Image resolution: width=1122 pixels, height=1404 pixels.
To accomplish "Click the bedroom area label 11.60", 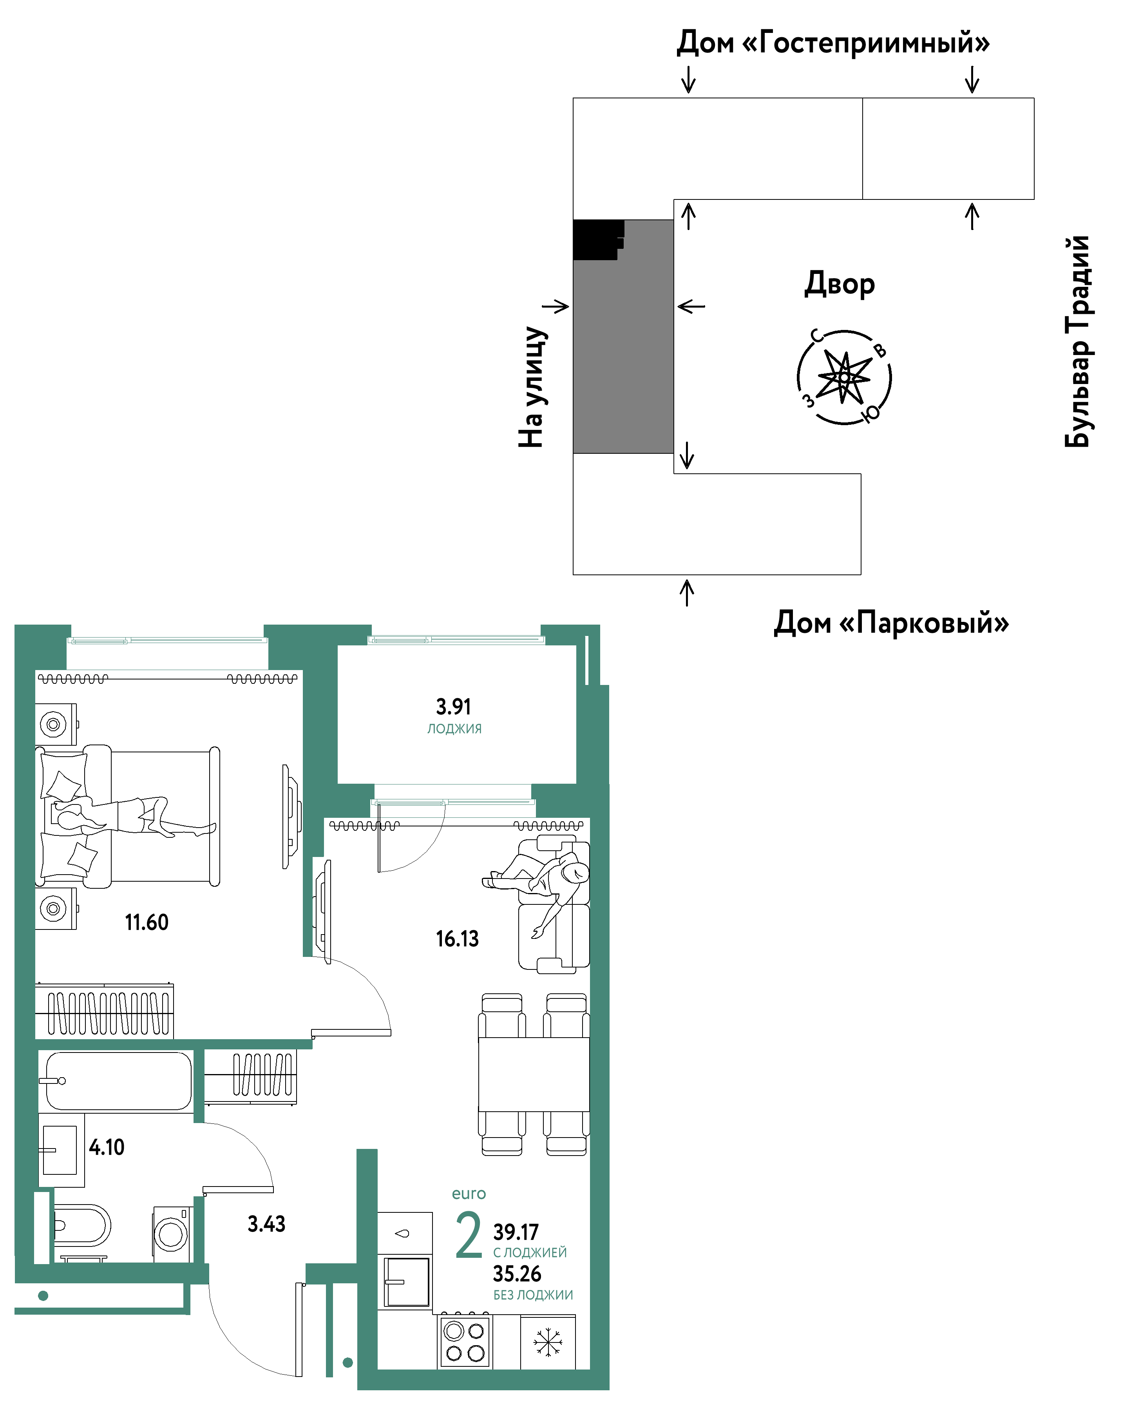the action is point(147,922).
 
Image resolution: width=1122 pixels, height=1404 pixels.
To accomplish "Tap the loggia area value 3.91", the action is point(453,707).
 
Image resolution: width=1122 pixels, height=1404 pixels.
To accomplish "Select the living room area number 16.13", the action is point(457,938).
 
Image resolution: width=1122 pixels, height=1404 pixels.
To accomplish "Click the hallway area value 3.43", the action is point(266,1224).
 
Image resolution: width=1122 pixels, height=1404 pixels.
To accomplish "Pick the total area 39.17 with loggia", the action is point(516,1232).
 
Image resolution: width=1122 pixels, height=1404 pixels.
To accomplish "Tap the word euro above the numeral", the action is point(469,1194).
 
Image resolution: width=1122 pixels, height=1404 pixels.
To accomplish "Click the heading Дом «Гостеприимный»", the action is point(833,43).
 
